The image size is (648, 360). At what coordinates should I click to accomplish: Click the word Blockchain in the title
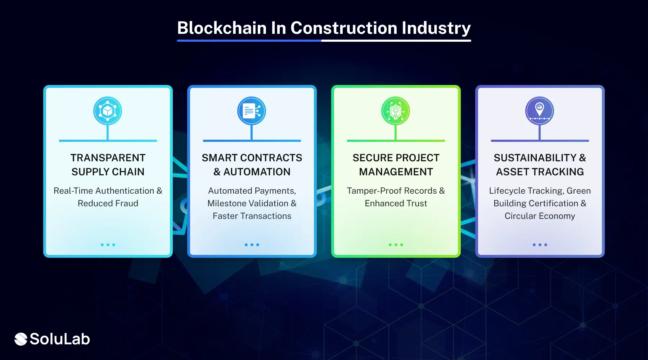click(222, 28)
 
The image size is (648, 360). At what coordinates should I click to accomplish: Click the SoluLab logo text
click(59, 339)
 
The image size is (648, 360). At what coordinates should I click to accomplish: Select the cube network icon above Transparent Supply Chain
click(108, 111)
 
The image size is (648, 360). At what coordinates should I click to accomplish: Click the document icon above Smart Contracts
click(252, 111)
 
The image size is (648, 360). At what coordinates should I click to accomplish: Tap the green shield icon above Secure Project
click(396, 111)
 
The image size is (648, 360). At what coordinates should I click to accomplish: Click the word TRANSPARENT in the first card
click(108, 158)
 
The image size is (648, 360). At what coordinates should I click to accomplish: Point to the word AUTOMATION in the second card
click(257, 172)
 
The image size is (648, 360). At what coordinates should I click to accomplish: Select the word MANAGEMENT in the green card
click(396, 172)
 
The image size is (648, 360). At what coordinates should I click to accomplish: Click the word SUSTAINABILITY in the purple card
click(535, 158)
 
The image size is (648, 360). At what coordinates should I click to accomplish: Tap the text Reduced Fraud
click(108, 203)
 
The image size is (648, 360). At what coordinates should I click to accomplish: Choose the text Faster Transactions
click(252, 216)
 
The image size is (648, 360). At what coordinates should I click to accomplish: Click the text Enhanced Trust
click(396, 203)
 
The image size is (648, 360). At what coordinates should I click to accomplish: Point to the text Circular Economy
click(540, 216)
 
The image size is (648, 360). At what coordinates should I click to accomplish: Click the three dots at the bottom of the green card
click(396, 245)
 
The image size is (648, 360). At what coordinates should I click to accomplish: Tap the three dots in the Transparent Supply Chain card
click(108, 245)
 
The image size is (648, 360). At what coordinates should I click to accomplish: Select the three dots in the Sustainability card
click(540, 245)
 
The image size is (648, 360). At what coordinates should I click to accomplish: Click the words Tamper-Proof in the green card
click(374, 191)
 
